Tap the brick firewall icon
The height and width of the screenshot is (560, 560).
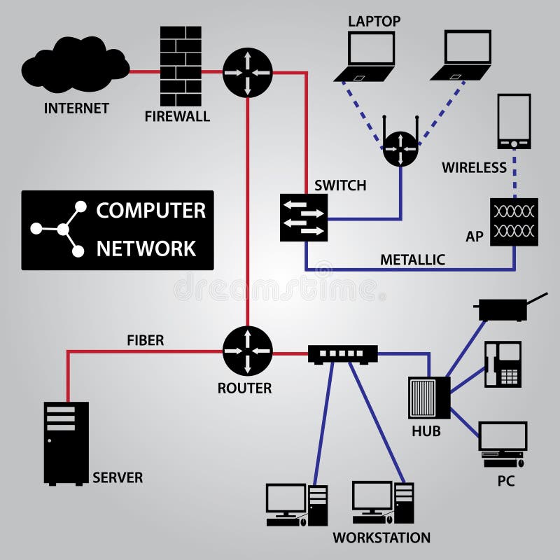point(181,66)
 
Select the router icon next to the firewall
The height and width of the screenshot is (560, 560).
point(247,72)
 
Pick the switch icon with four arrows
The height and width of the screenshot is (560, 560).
point(304,218)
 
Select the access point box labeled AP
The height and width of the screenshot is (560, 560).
point(514,222)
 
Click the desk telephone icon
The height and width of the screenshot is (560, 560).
point(503,364)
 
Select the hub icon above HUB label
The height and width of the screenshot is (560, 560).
point(429,398)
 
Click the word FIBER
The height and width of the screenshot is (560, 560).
point(145,341)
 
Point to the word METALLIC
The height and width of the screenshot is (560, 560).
point(412,260)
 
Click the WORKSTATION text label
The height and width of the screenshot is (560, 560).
point(381,538)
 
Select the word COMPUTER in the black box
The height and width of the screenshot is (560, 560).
point(150,211)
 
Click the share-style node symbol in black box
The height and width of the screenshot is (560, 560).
point(62,229)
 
